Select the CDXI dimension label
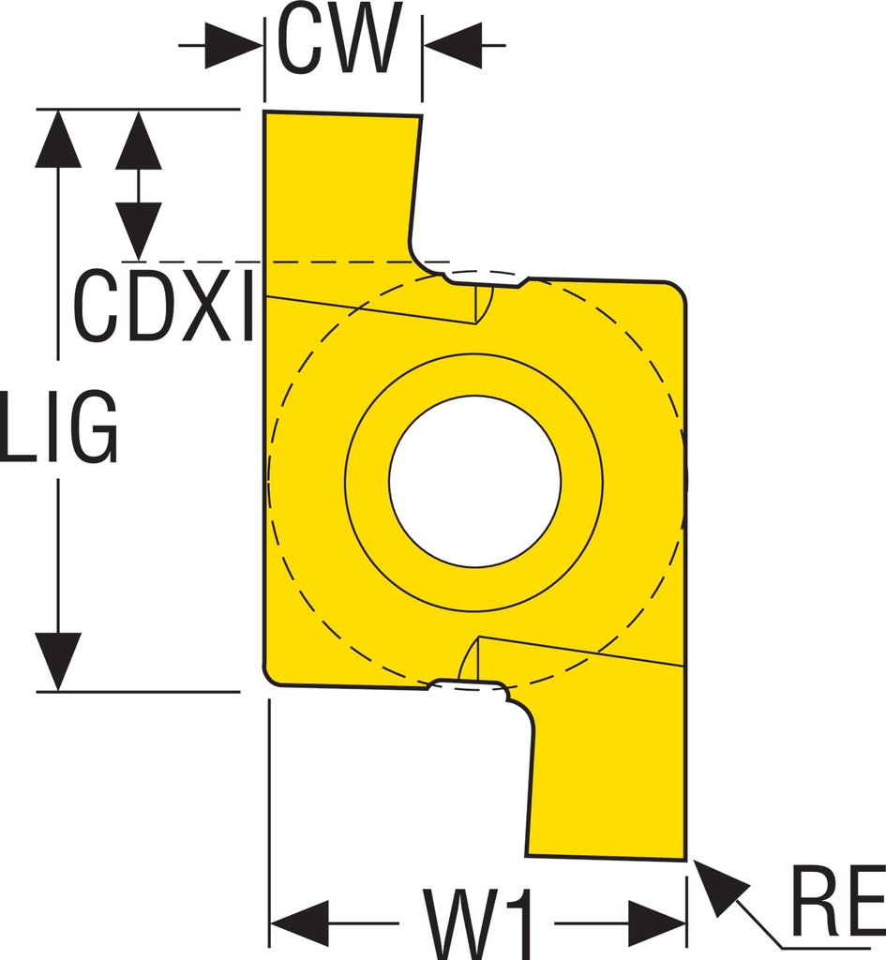coord(163,306)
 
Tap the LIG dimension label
coord(59,427)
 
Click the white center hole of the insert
coord(474,481)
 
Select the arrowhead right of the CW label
coord(454,45)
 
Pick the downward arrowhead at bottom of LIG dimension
coord(58,662)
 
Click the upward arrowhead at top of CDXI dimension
coord(139,140)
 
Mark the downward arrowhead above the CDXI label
coord(139,231)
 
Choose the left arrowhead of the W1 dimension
coord(299,922)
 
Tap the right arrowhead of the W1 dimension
coord(657,922)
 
